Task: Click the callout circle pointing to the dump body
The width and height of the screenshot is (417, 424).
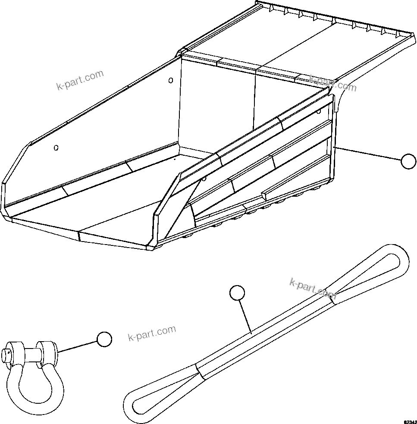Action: pos(408,161)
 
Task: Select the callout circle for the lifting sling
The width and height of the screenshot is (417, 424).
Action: pos(237,293)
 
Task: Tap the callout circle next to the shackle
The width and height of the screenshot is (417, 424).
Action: pos(104,339)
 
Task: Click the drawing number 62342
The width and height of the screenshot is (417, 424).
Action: pos(410,421)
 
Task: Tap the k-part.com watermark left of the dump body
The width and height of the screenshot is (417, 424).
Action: pos(80,80)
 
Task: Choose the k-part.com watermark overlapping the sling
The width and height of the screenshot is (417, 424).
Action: pos(313,289)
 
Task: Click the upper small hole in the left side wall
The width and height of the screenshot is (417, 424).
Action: pos(171,80)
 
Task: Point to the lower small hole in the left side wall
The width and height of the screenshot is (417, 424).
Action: pos(56,148)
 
